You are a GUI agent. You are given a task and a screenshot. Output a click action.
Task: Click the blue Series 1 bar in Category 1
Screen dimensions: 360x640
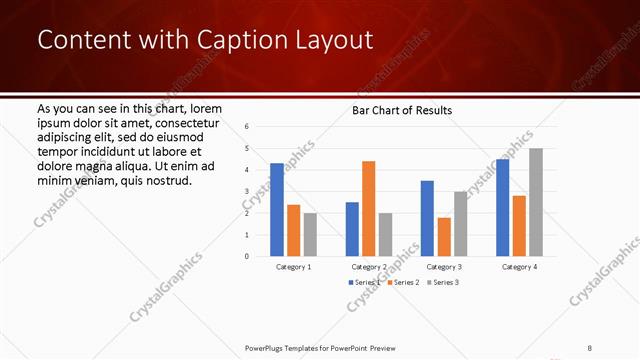[x=277, y=209]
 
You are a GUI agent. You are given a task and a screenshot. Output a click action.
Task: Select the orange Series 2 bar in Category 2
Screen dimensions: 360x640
[x=368, y=208]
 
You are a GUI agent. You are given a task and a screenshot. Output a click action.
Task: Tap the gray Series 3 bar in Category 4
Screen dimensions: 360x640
[x=536, y=202]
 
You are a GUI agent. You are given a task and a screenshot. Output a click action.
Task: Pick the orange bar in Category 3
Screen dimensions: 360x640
[x=443, y=236]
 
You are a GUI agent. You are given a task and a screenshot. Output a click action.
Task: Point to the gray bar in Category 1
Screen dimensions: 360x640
[x=310, y=234]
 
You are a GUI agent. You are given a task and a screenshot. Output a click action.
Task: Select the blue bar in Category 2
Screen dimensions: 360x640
[x=352, y=229]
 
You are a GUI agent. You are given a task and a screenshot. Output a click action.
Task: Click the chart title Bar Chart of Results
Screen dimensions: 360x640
[x=402, y=110]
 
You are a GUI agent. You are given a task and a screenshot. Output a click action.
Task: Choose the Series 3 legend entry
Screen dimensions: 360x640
[x=444, y=283]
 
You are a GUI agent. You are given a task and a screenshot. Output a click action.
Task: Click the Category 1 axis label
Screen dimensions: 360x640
[x=294, y=267]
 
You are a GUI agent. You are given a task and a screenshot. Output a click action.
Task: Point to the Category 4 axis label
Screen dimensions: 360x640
[x=519, y=267]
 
